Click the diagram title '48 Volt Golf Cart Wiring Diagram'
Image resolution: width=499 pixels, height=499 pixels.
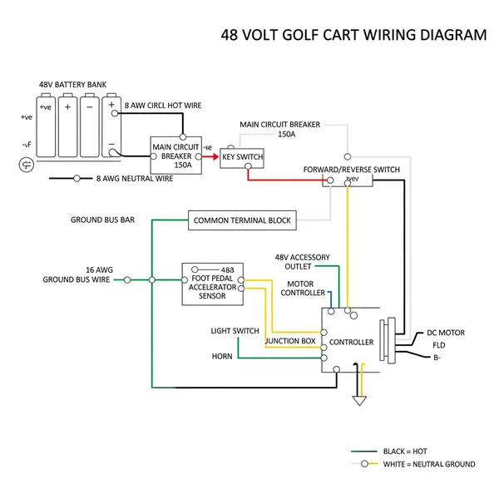coord(353,35)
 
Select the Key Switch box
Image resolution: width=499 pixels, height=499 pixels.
coord(242,156)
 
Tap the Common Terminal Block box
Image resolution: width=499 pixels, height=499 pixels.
coord(242,220)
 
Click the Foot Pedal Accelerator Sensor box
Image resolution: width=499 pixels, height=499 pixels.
coord(213,284)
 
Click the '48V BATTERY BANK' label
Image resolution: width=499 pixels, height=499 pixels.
coord(72,85)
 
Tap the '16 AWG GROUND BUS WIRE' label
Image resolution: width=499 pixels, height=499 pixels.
coord(77,275)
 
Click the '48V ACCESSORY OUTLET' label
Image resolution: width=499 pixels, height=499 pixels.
coord(303,262)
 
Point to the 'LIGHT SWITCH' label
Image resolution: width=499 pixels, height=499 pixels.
coord(235,331)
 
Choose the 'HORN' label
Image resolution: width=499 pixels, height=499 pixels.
coord(222,357)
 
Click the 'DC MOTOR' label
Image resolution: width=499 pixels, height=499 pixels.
coord(446,333)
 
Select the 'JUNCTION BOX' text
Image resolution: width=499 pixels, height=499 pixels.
coord(290,341)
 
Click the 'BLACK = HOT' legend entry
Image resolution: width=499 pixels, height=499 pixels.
coord(405,451)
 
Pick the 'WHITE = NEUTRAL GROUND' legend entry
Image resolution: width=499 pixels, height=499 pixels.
coord(428,464)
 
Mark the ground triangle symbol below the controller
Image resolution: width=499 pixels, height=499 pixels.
coord(359,400)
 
